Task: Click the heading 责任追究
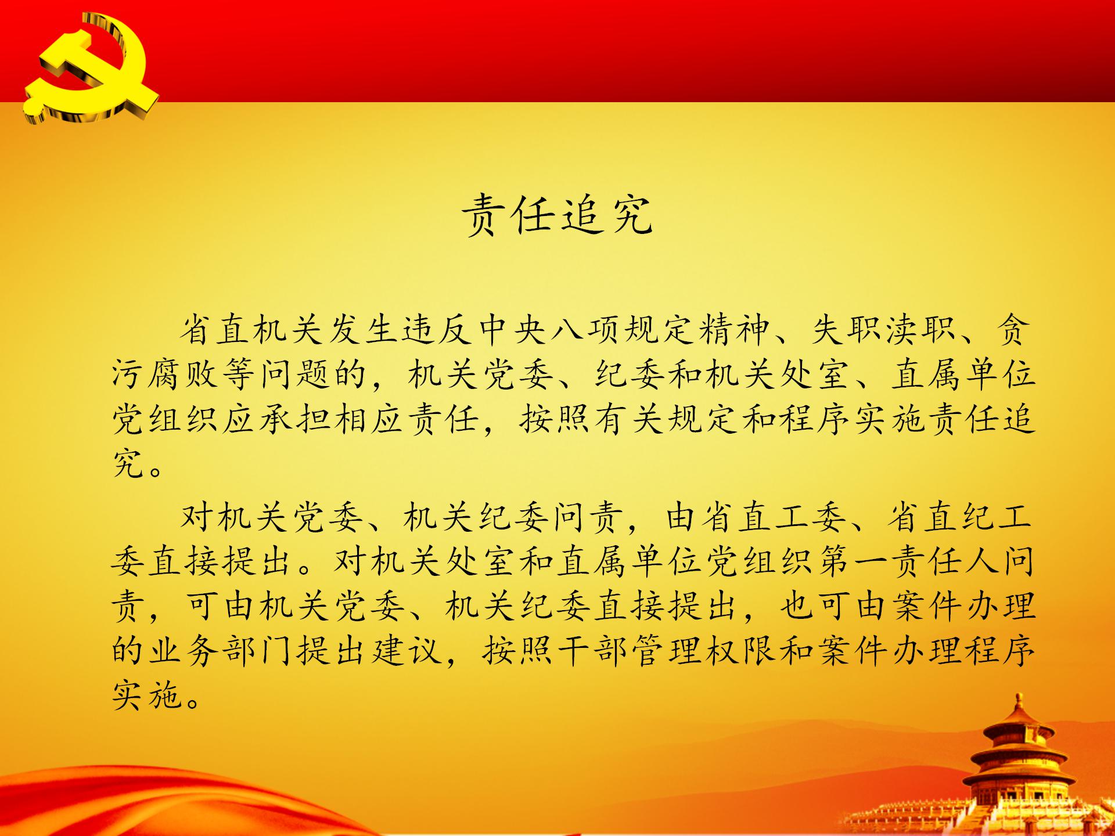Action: (557, 215)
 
